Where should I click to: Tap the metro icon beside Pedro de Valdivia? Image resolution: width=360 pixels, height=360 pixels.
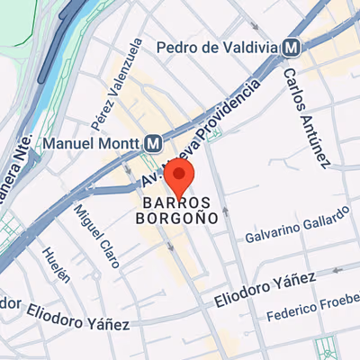[x=292, y=47]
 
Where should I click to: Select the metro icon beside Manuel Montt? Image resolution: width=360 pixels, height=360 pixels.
[x=154, y=142]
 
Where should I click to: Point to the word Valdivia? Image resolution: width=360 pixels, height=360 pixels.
[x=243, y=47]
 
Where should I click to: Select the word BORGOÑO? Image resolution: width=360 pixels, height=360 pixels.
[x=176, y=217]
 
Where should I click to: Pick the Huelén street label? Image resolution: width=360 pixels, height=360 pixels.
[x=52, y=265]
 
